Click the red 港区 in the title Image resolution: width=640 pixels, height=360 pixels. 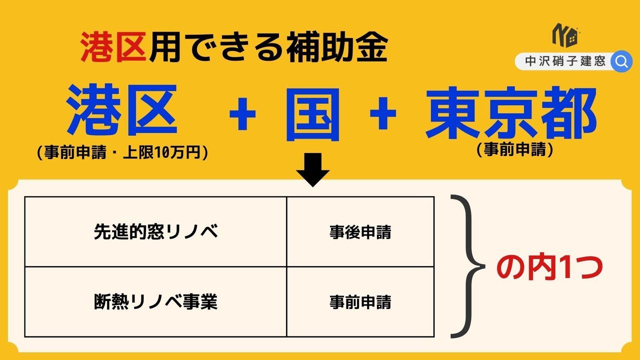coord(113,47)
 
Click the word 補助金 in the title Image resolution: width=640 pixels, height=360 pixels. coord(337,47)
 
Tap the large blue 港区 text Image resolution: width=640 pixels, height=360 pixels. coord(122,110)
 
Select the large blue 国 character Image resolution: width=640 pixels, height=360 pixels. coord(313,114)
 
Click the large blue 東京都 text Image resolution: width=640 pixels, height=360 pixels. coord(511,112)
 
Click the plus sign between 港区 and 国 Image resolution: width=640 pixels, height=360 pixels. coord(242,113)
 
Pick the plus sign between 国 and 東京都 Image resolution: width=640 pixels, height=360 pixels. coord(383,113)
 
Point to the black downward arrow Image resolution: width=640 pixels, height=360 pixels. coord(313,169)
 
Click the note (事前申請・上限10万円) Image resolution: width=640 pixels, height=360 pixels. coord(122,152)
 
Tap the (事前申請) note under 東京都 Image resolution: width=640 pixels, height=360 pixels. coord(515,149)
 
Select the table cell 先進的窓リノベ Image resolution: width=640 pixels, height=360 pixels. coord(155,231)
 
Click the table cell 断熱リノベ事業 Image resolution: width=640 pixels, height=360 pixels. coord(155,302)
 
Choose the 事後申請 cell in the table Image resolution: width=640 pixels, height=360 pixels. coord(360,231)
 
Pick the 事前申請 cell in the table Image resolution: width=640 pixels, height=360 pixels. coord(360,302)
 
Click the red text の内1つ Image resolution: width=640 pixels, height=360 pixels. coord(549,267)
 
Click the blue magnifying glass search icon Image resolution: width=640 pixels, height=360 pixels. coord(621,61)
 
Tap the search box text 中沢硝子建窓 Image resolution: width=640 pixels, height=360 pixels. coord(565,61)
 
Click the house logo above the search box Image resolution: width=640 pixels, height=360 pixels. coord(565,35)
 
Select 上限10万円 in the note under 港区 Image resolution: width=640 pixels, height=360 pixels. coord(161,152)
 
